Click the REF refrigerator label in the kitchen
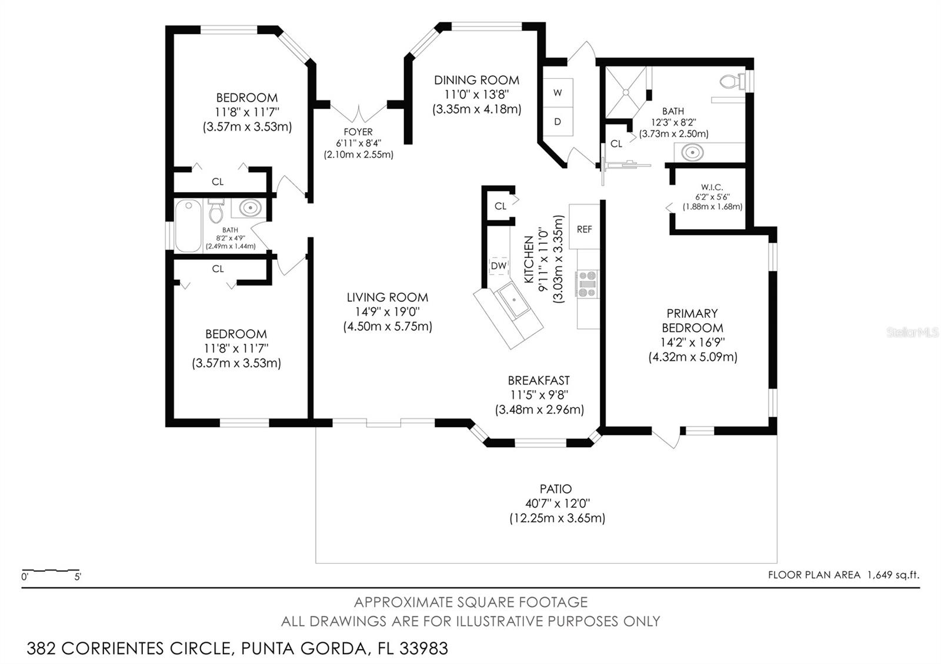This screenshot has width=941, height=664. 585,229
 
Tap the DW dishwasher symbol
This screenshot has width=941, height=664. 499,266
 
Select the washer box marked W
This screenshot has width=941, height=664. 558,93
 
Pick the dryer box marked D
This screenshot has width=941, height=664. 558,121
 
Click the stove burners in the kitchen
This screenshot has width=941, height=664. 588,284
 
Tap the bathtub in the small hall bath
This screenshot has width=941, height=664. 188,226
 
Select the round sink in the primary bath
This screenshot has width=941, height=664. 692,152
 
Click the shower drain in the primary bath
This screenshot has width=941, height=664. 626,92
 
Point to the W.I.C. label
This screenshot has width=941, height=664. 712,187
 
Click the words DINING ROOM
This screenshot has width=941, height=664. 476,80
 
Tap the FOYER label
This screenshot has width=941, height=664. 358,132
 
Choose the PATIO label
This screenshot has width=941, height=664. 555,489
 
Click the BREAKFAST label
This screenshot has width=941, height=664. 539,380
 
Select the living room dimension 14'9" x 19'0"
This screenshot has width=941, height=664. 388,311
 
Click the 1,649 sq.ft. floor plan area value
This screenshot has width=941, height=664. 893,575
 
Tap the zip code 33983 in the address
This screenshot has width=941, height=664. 423,649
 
